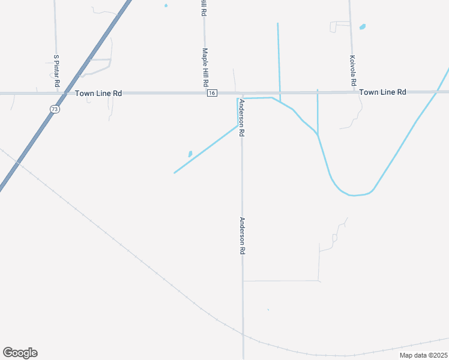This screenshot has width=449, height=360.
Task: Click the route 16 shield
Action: coord(212,93)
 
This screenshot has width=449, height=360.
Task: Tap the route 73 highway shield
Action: coord(55,109)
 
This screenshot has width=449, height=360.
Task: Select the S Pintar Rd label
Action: coord(56,71)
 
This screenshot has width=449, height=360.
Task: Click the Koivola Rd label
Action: coord(353,70)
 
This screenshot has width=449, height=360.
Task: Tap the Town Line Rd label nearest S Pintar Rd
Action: coord(99,94)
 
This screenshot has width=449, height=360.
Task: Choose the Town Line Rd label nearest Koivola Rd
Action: coord(382,92)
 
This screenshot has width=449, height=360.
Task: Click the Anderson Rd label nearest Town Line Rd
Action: coord(241,118)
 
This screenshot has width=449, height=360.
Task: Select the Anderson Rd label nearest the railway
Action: coord(243,236)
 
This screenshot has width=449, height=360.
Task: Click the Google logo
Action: coord(20,353)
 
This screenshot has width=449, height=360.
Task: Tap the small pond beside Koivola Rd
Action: coord(363,27)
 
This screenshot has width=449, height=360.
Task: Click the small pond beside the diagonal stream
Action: coord(190,154)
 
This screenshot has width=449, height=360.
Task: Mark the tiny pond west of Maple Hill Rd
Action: coord(166,6)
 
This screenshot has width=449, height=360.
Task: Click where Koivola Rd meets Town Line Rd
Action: coord(352,92)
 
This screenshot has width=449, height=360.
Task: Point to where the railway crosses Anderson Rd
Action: coord(243,336)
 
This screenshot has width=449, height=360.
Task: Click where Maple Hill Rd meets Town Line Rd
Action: coord(205,93)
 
